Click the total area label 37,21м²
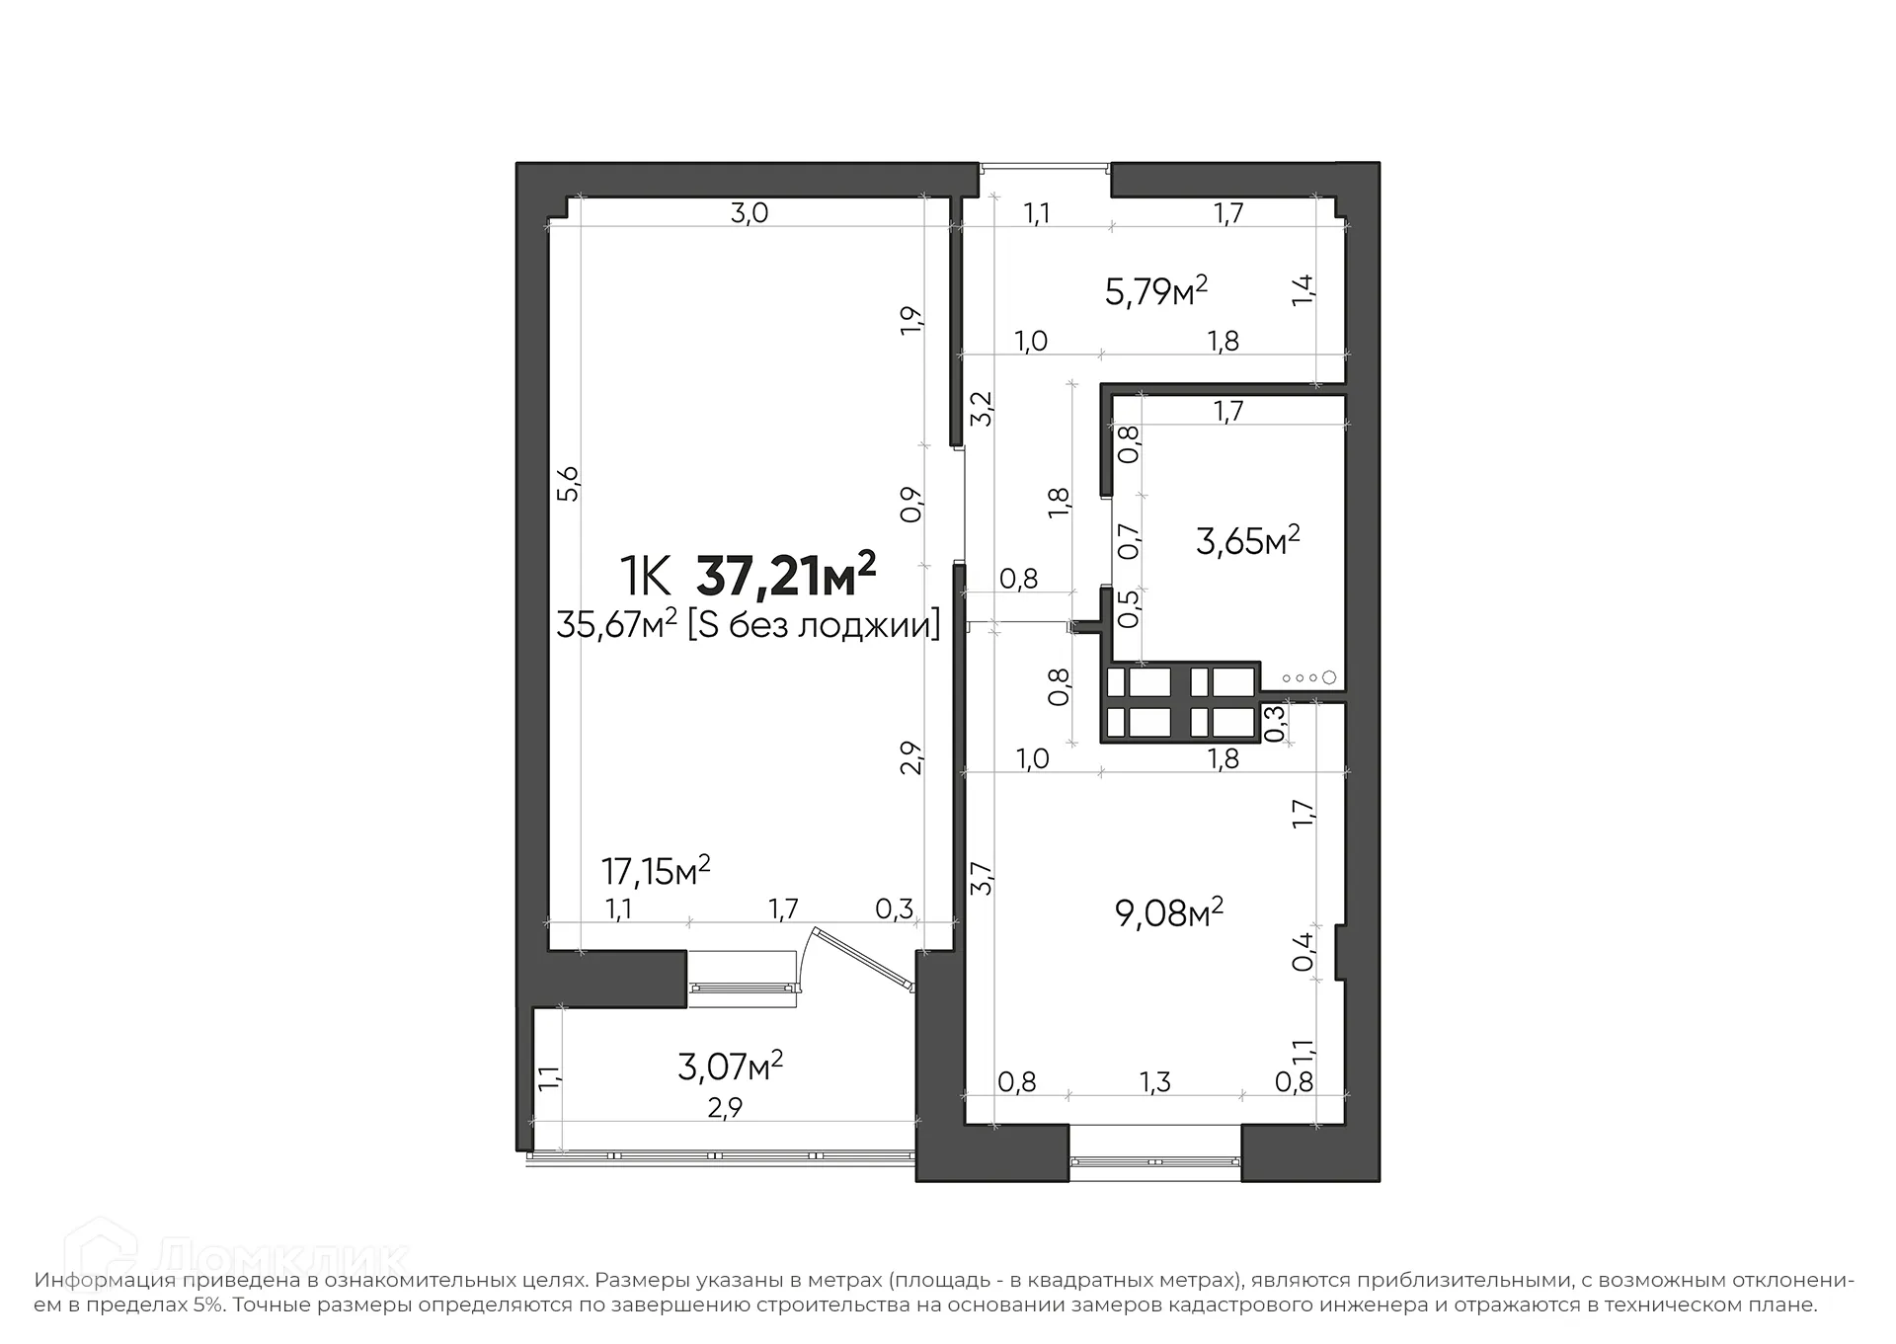786,577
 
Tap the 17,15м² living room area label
656,871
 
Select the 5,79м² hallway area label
1155,291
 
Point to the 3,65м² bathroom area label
1247,540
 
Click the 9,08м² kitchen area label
1168,912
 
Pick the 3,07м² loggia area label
730,1066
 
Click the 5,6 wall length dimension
569,484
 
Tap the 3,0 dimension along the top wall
749,212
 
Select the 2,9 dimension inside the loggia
724,1108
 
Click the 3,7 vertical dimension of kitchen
981,879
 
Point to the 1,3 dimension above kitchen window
1154,1082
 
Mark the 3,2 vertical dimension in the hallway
982,408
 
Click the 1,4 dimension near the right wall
1303,289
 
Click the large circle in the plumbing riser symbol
1328,677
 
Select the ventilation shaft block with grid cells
1180,703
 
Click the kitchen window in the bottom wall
1154,1161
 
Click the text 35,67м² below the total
616,625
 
